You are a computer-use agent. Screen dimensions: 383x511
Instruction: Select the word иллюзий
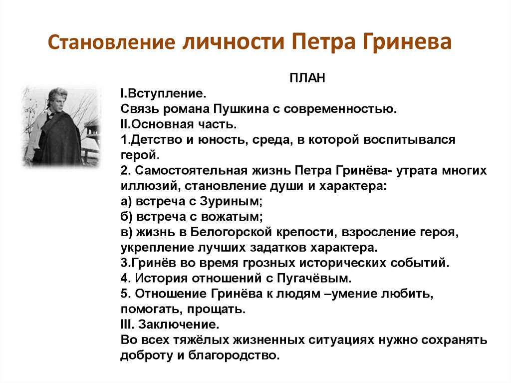tap(143, 186)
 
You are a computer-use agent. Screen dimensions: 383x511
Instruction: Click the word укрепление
tap(149, 248)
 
